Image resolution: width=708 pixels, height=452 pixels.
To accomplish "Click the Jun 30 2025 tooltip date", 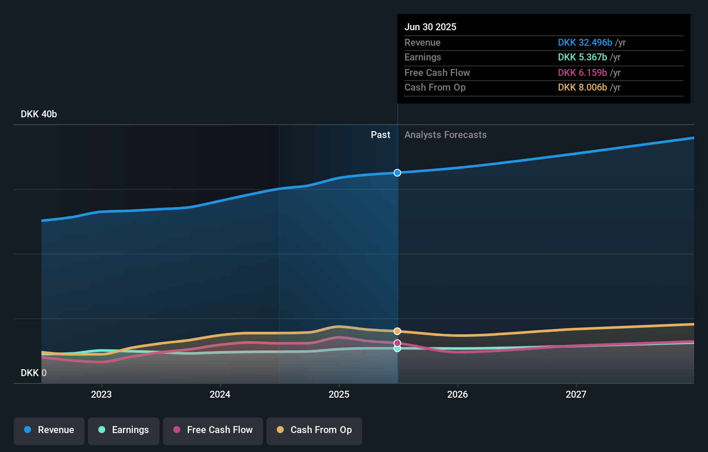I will (430, 27).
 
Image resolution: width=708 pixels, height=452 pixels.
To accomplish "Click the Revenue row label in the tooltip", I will (422, 42).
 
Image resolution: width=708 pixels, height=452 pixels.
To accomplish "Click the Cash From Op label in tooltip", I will (435, 88).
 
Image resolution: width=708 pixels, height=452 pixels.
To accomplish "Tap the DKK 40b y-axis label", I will (39, 114).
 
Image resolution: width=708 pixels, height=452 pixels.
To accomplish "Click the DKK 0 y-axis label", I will (34, 373).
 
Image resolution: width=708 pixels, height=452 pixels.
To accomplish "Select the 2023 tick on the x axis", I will (101, 394).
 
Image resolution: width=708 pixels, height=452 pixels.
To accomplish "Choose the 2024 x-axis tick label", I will (220, 394).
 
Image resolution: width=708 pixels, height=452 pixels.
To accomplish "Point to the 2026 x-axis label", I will (457, 394).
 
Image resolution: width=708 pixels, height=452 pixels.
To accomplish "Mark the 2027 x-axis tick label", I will (576, 394).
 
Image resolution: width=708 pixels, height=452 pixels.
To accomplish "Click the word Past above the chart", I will (380, 135).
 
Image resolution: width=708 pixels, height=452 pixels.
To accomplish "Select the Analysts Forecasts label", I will (445, 135).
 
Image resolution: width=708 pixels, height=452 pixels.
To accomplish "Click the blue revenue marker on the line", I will (397, 173).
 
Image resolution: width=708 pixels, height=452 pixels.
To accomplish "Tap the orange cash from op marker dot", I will (397, 331).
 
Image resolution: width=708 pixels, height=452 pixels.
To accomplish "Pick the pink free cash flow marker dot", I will (397, 343).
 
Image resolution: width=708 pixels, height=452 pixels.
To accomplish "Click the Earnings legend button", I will (124, 430).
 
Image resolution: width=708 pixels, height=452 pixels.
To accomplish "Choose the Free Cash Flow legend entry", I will (213, 430).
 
